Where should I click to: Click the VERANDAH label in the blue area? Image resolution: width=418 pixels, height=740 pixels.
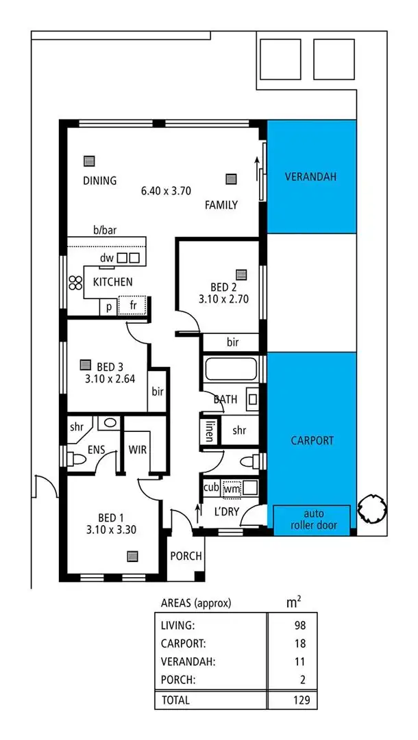click(x=311, y=177)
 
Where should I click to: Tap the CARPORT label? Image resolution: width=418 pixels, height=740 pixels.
click(x=311, y=440)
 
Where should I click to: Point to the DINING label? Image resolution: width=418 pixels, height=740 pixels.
click(x=99, y=181)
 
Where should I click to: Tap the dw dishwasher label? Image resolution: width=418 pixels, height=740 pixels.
click(x=106, y=258)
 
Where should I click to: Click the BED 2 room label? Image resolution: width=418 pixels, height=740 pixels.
click(x=218, y=287)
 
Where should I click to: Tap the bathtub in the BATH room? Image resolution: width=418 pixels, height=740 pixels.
click(x=230, y=370)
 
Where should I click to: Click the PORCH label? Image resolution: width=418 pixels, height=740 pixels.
click(x=186, y=556)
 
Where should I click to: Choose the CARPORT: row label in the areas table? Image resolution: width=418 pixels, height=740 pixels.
click(x=183, y=643)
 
